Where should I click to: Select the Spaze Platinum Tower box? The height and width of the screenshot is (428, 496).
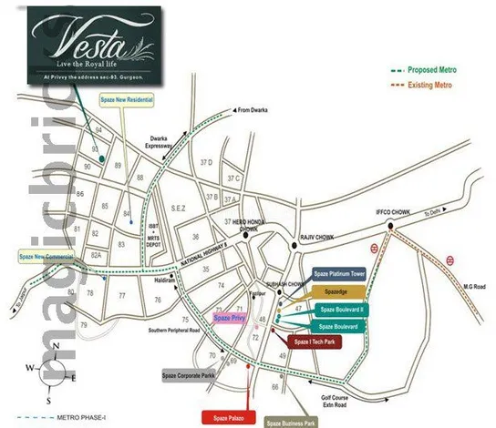click(x=339, y=273)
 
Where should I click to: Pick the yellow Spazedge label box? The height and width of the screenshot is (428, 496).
click(x=337, y=290)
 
